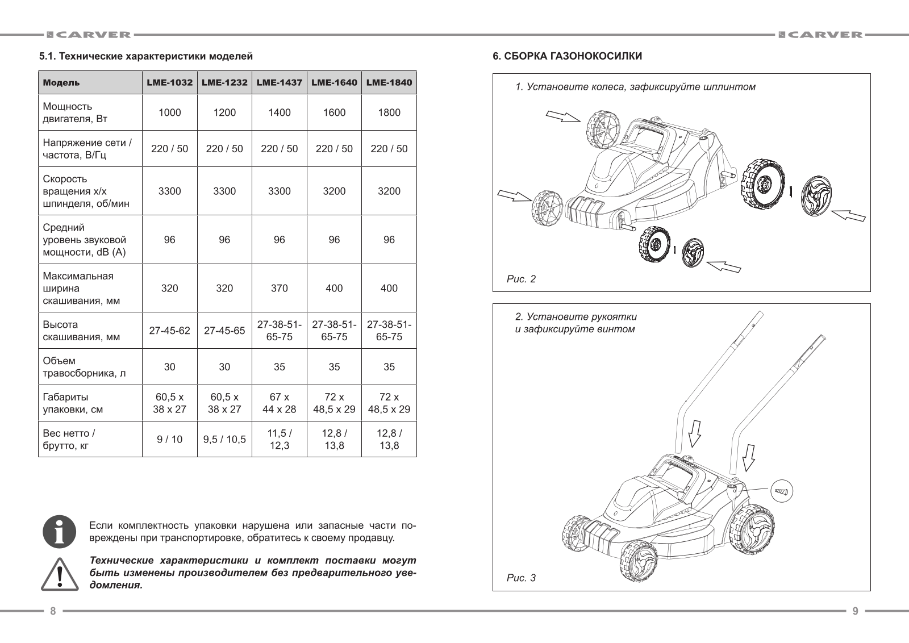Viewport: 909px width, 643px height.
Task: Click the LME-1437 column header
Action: [279, 82]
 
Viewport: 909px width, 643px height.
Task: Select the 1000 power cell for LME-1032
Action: [169, 112]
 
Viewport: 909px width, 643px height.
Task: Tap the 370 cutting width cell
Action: [279, 288]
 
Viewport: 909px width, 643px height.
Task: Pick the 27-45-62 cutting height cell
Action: [169, 331]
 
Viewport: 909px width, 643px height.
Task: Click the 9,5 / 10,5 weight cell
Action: [224, 439]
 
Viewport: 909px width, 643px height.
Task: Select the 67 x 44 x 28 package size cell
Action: [279, 403]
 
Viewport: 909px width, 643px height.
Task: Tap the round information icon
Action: [60, 532]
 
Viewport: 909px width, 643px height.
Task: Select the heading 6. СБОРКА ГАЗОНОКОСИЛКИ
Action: [567, 56]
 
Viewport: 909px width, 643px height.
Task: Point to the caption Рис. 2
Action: [521, 279]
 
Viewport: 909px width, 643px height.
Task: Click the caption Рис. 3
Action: [521, 578]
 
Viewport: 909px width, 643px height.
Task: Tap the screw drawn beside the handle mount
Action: [781, 489]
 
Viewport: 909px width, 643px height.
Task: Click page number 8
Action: [53, 611]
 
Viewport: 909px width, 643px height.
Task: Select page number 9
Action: [855, 611]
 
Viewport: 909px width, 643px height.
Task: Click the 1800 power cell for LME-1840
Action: [389, 112]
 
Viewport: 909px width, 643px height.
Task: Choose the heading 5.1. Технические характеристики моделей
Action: [145, 56]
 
